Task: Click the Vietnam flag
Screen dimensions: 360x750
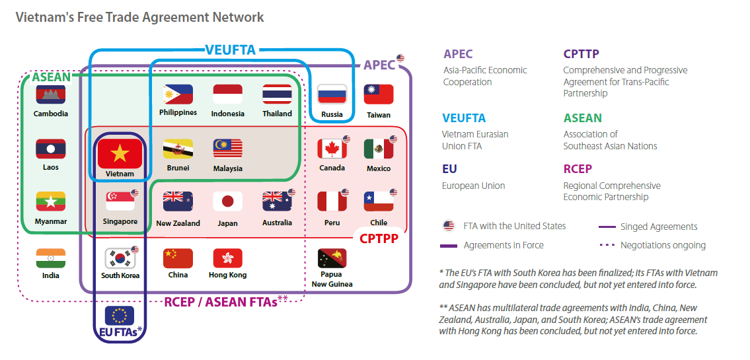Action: (x=120, y=154)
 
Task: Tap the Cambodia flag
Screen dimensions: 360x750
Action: (x=51, y=95)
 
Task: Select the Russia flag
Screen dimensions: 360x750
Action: (x=332, y=94)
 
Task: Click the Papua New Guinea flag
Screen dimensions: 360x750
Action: (x=332, y=259)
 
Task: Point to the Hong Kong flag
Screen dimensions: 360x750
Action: (x=227, y=258)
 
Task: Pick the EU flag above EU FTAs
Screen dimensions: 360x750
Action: (x=120, y=315)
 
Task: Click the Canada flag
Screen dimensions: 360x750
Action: (x=332, y=149)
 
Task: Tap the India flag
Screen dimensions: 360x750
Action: (x=51, y=258)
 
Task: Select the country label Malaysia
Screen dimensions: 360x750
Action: (x=227, y=168)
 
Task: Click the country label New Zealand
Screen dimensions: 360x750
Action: (x=178, y=223)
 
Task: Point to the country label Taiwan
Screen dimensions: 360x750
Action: (x=379, y=114)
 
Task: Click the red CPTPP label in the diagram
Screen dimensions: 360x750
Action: (x=379, y=238)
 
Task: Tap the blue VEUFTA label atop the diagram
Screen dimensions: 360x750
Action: (x=230, y=50)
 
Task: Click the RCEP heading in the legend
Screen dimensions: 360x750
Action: (x=578, y=169)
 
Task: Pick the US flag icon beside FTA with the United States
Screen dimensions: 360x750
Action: (x=449, y=227)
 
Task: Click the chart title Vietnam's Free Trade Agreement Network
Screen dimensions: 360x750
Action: (x=139, y=17)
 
